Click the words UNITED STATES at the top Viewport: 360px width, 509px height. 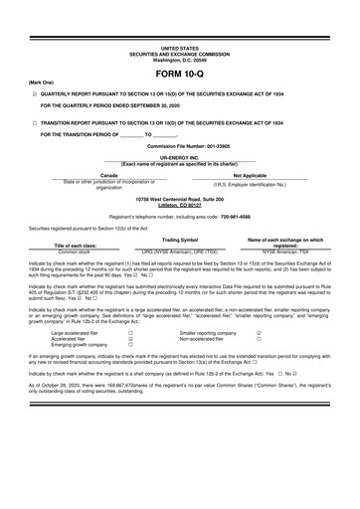click(179, 47)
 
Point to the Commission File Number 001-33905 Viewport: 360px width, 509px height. click(179, 145)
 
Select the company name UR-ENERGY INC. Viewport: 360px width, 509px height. click(179, 157)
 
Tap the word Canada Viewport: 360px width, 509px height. click(95, 174)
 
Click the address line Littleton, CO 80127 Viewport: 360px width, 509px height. click(179, 204)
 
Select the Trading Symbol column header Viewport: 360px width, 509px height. click(180, 240)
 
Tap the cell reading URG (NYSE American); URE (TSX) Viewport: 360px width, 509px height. click(180, 252)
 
